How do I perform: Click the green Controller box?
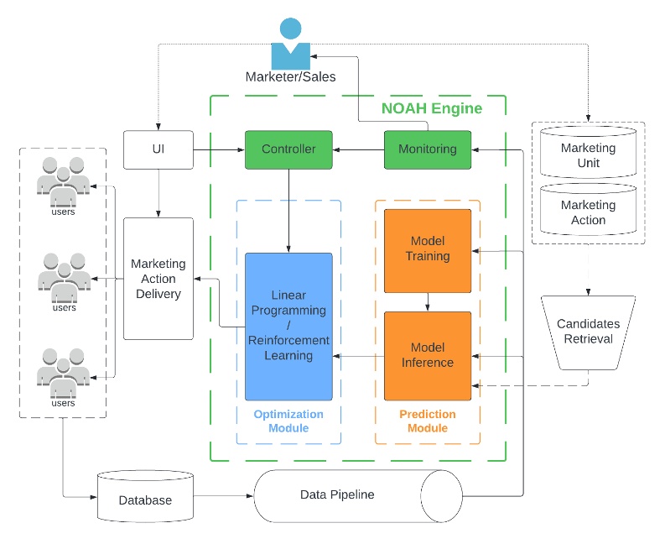288,149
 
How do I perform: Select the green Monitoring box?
427,149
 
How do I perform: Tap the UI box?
158,149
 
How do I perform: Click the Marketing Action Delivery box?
158,278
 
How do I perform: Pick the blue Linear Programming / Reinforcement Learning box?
288,326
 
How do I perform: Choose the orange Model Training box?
427,250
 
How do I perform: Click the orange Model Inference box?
427,355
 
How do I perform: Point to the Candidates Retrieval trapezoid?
588,331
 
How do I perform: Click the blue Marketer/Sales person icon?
290,44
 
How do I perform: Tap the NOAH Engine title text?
432,108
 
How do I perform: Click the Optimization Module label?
288,421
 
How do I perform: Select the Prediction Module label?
427,421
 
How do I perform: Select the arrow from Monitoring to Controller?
358,149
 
